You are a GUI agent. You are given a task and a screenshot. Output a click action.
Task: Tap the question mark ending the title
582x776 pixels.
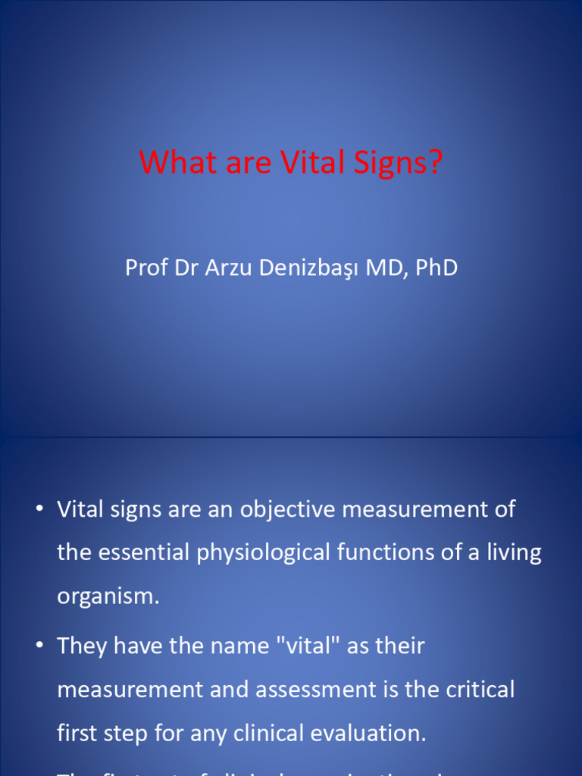tap(433, 162)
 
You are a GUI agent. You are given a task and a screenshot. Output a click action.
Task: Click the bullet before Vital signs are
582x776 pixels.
tap(39, 510)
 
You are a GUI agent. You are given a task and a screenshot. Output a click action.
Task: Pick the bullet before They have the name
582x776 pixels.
tap(39, 646)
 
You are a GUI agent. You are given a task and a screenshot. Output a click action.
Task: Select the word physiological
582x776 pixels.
tap(277, 552)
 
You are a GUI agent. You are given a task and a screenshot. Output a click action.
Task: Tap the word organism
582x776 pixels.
tap(107, 596)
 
